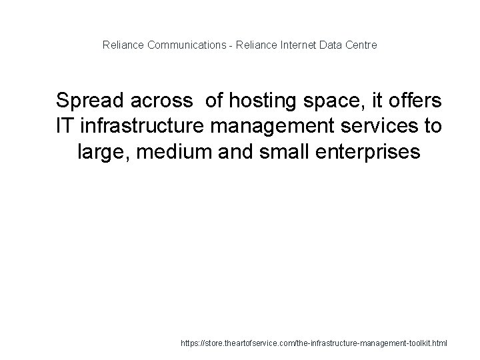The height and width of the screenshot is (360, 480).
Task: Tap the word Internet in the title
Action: click(298, 45)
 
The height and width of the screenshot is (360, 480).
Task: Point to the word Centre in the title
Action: click(362, 45)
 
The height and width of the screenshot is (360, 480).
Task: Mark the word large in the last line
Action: click(101, 153)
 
